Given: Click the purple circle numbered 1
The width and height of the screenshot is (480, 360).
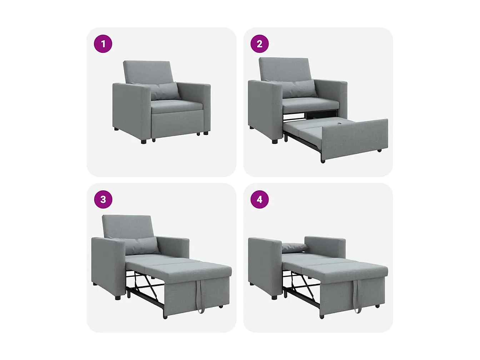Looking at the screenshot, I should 103,44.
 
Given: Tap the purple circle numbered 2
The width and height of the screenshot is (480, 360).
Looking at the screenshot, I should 260,44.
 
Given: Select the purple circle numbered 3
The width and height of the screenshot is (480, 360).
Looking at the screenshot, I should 103,199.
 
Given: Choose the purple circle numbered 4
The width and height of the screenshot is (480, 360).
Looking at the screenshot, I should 260,199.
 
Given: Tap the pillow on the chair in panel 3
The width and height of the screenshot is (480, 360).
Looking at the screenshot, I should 140,246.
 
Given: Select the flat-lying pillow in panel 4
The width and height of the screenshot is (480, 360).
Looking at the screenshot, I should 295,247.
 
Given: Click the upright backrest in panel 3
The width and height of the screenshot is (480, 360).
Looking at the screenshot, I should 127,226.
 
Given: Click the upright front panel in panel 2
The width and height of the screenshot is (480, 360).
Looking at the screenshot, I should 355,137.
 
